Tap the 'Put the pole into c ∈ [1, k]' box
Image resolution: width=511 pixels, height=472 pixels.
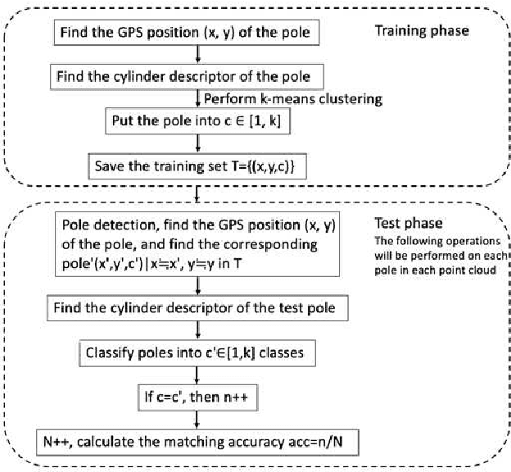[197, 123]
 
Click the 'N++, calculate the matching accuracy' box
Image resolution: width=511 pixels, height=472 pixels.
[195, 443]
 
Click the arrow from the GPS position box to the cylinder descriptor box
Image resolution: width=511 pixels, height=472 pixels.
[198, 56]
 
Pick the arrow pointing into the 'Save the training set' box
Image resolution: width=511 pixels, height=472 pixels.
[198, 145]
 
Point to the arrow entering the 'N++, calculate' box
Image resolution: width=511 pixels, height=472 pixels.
[198, 420]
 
